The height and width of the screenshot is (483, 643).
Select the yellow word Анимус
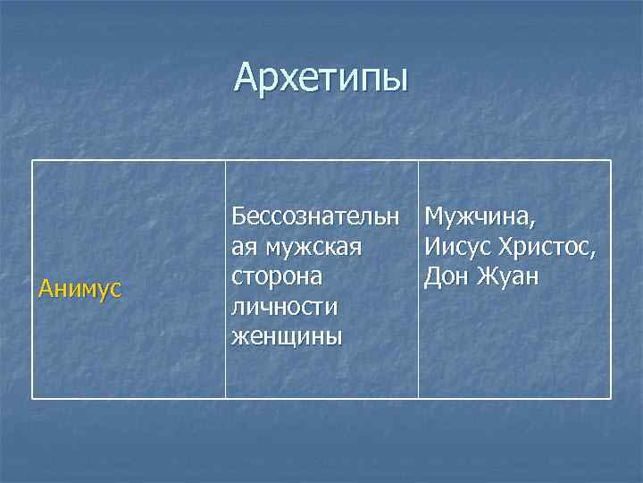[81, 289]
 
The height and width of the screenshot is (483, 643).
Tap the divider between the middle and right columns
[418, 358]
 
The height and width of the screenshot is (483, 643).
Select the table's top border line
[321, 161]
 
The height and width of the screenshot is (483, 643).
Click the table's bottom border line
[321, 398]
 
